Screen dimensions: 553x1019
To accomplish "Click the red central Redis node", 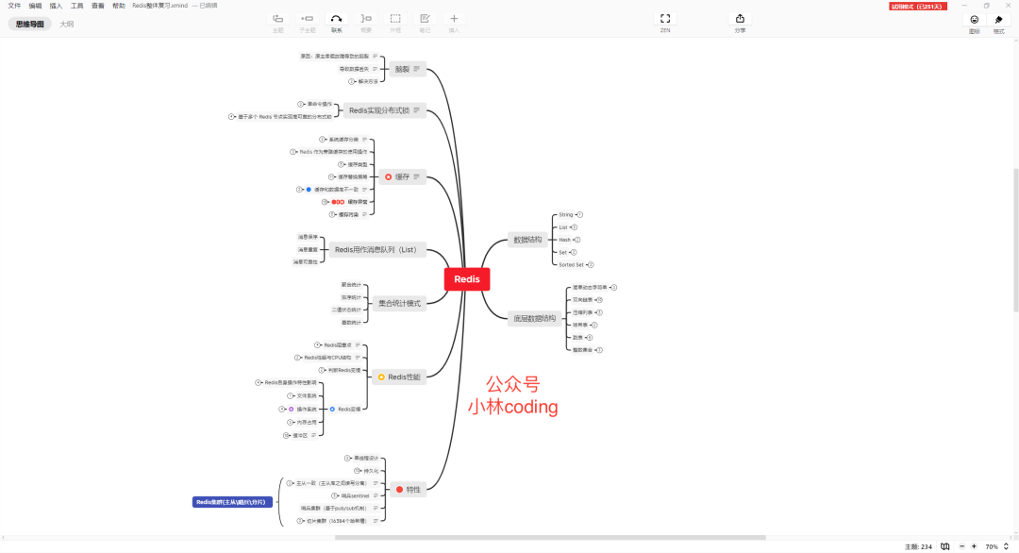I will coord(467,279).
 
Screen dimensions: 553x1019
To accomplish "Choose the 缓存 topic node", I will coord(401,176).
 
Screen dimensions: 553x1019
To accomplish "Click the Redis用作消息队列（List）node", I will coord(376,250).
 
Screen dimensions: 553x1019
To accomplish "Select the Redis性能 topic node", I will coord(399,377).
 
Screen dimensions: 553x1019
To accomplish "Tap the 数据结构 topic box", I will coord(526,240).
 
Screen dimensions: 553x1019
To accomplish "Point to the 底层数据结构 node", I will coord(533,318).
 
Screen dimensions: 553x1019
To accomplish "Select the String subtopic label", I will coord(566,215).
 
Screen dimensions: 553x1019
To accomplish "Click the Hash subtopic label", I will coord(564,240).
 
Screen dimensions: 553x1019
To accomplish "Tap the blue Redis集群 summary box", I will coord(232,502).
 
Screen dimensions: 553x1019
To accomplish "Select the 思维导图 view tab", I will coord(30,25).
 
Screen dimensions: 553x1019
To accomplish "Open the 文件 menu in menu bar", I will coord(14,6).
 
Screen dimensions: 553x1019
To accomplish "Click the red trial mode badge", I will coord(917,7).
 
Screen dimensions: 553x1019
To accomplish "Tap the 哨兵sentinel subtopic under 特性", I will coord(356,495).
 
